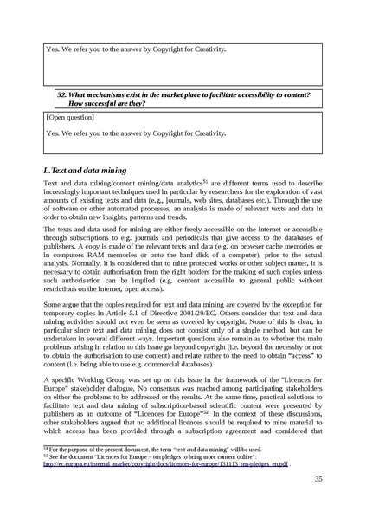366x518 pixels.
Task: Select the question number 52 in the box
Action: click(61, 94)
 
